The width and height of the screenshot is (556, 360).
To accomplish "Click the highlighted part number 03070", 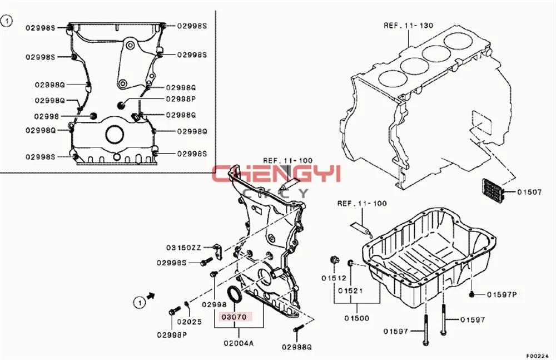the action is pos(234,318).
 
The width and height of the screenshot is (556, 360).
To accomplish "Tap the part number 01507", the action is pos(529,193).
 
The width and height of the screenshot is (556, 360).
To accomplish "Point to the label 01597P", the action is pos(502,294).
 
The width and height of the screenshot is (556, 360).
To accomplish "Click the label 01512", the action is pos(334,278).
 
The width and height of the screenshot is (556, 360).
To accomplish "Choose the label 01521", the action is pos(349,290).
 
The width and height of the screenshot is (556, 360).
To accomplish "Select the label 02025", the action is pos(190,322).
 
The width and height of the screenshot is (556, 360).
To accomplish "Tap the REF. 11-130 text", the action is pos(409,25).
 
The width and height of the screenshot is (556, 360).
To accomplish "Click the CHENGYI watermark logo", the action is pos(276,175).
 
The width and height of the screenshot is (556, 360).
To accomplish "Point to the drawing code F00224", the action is pos(540,355).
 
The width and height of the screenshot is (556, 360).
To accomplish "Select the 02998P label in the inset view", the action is pos(181,98).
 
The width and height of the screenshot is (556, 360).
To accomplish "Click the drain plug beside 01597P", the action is pos(471,293).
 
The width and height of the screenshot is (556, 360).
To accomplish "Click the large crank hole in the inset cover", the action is pos(115,134).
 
